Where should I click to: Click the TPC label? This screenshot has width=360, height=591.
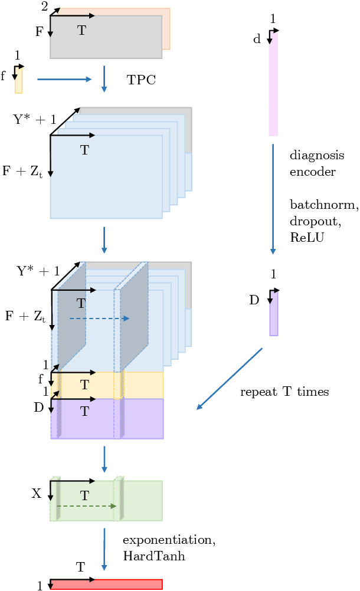coord(141,80)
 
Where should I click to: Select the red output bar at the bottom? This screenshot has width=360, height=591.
coord(106,585)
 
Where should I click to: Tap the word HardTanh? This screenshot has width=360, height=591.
coord(153,556)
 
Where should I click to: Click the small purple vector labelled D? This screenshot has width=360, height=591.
coord(274,314)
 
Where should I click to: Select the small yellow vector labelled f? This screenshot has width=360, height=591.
coord(19,80)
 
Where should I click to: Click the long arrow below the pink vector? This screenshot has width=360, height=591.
coord(273,198)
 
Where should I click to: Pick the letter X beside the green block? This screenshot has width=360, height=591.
coord(36,494)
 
